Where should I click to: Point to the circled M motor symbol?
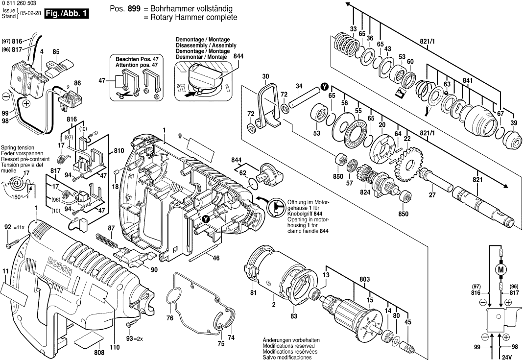tap(500, 269)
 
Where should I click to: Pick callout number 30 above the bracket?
tap(265, 76)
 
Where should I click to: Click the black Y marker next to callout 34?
tap(324, 86)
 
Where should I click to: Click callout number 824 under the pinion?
tap(365, 193)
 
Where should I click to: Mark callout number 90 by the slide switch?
tap(154, 268)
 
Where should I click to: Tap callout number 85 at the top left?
tap(56, 51)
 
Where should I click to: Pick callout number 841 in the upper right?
tap(467, 80)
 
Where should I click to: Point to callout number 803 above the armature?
tap(364, 279)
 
